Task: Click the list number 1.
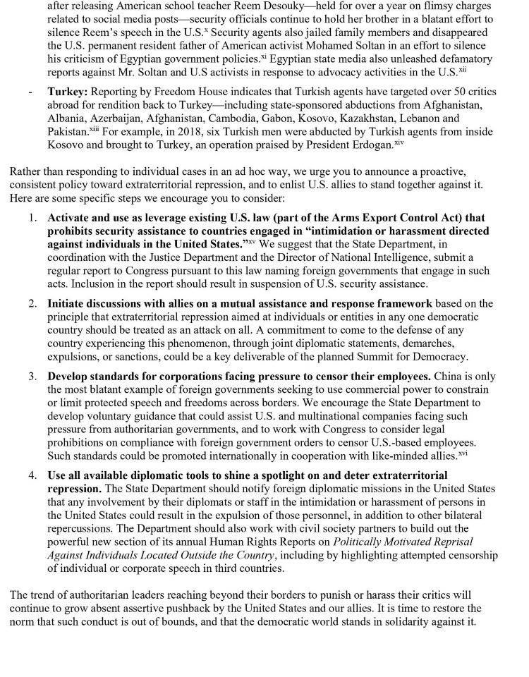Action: point(33,219)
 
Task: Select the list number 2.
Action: point(33,304)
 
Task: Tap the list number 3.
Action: point(33,377)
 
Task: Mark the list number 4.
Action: point(33,476)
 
